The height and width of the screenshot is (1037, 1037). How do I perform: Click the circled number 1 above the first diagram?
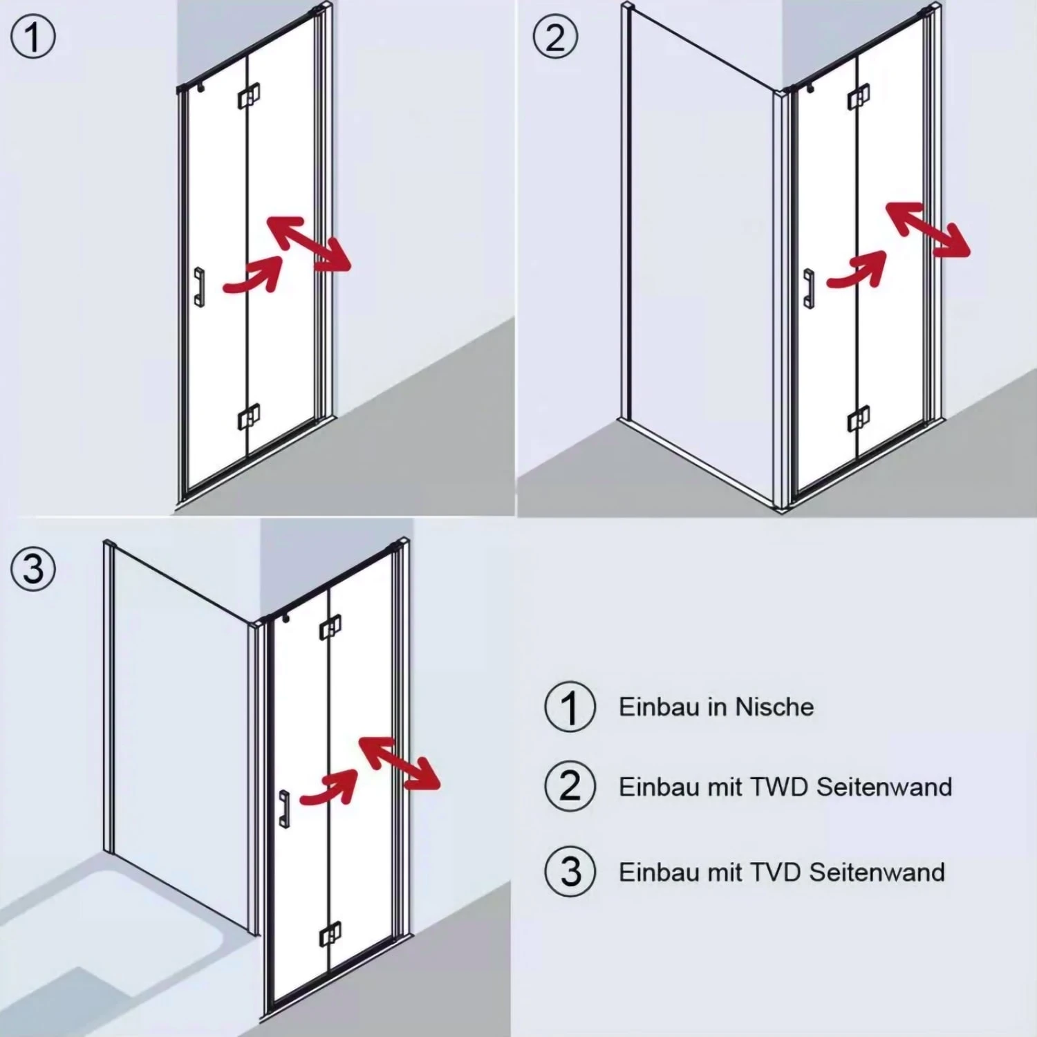[33, 37]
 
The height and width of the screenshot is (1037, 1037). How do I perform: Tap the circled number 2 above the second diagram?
[555, 37]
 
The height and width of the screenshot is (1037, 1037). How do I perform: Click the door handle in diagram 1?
[199, 287]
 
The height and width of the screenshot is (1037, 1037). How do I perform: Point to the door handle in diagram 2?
[808, 288]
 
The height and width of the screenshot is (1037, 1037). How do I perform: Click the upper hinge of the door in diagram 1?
[249, 96]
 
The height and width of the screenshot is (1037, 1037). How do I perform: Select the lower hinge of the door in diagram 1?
[249, 417]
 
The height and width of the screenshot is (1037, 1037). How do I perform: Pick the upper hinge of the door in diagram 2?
[859, 97]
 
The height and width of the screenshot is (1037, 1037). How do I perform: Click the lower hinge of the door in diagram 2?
[859, 419]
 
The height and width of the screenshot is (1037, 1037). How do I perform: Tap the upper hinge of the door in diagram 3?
[330, 627]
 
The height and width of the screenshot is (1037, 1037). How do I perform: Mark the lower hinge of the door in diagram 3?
[330, 935]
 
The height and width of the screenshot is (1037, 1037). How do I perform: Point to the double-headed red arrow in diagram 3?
[399, 763]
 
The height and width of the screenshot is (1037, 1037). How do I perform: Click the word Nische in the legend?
[774, 707]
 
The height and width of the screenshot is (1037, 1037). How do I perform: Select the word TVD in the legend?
[776, 872]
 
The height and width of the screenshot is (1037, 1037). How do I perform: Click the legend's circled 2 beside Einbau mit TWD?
[570, 786]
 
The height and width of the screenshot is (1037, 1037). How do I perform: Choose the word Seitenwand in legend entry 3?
[877, 872]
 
